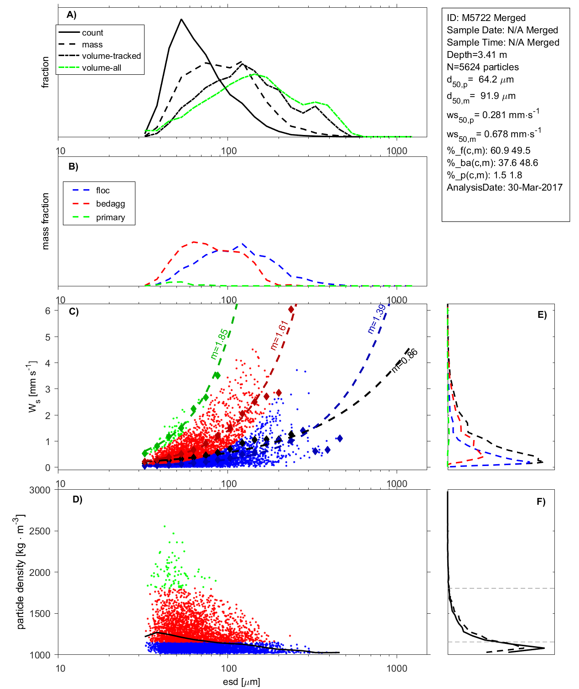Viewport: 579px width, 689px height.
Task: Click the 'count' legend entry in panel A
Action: (x=93, y=33)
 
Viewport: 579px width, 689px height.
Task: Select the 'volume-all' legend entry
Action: (x=102, y=68)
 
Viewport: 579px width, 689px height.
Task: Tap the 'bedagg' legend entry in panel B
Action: (x=110, y=204)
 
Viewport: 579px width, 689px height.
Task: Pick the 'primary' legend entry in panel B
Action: (x=110, y=218)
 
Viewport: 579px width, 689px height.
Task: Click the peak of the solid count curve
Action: (x=181, y=20)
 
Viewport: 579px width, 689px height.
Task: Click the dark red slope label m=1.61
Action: (x=279, y=335)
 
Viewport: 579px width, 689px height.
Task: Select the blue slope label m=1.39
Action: (x=377, y=319)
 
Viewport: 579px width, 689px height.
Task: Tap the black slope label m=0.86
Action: (x=404, y=360)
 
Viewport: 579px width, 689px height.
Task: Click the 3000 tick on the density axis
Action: (x=40, y=490)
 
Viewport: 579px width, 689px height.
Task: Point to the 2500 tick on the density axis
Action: (x=40, y=531)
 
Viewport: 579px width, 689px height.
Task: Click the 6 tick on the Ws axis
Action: (x=48, y=311)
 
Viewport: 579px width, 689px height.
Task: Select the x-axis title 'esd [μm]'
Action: (x=242, y=682)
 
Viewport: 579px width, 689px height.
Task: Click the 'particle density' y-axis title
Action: (x=21, y=572)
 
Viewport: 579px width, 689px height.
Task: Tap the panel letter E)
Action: (x=542, y=315)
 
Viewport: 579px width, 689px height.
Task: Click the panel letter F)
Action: (x=541, y=502)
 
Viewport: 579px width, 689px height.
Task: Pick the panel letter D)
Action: (x=78, y=499)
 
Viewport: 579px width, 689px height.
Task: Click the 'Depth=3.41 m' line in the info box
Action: (x=477, y=55)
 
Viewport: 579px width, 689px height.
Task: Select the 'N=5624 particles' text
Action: (x=483, y=67)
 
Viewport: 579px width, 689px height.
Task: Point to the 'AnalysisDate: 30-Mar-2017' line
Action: (x=505, y=187)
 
